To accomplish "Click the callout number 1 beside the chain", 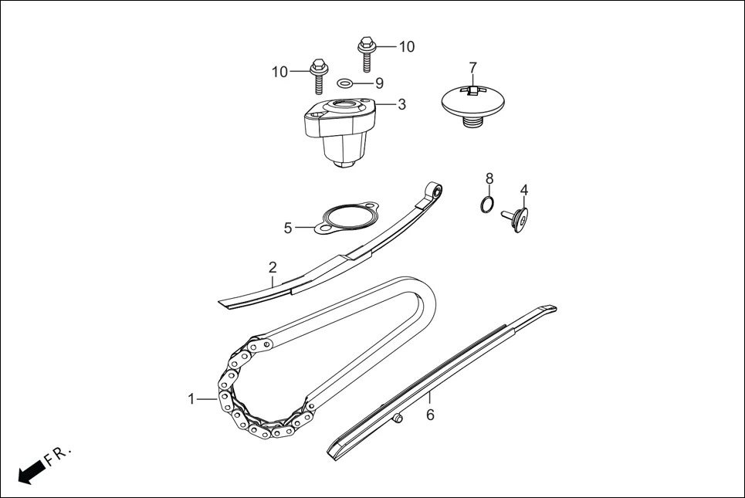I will pos(191,399).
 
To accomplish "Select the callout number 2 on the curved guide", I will pos(273,268).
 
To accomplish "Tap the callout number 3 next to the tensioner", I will pos(401,104).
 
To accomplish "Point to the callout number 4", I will pos(523,190).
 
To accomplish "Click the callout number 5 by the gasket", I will pos(288,228).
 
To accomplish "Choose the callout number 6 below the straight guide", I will pos(430,415).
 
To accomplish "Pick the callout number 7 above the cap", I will pos(472,68).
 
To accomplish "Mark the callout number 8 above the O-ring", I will pos(489,179).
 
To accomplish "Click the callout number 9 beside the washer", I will pos(378,83).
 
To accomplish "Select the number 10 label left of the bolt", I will pos(279,72).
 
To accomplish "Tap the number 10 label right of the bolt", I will pos(406,46).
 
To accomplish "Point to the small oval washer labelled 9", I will pos(347,83).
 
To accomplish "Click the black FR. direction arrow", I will pos(30,470).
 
